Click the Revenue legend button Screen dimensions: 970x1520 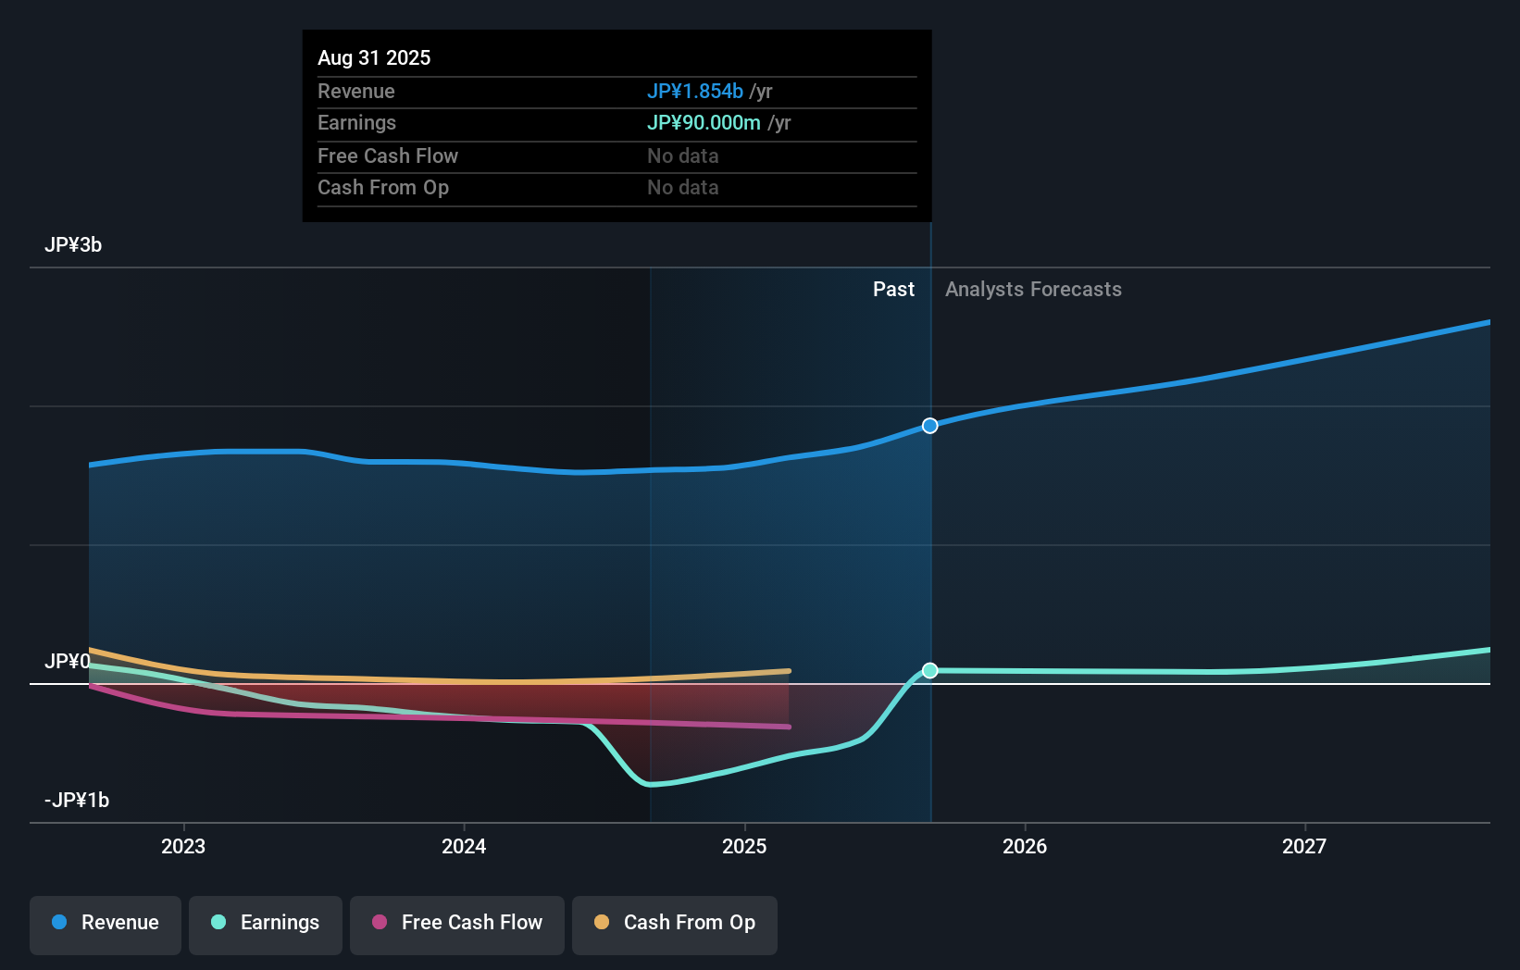pos(106,924)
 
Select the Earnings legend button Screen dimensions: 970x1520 pos(266,924)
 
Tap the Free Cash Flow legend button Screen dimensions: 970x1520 pos(457,924)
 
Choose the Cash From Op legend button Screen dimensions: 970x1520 pos(675,924)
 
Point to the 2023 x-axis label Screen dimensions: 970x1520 pos(183,847)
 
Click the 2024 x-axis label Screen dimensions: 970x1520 pos(464,847)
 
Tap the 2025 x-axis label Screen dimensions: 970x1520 pos(744,847)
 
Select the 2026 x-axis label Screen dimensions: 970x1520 pos(1025,847)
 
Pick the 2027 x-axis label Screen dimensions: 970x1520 pos(1304,847)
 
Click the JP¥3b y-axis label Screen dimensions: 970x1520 pos(73,245)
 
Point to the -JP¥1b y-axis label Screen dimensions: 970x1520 pos(77,801)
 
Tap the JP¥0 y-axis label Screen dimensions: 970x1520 pos(68,662)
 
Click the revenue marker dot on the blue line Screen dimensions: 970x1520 pos(930,426)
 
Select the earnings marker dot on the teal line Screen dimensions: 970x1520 pos(930,671)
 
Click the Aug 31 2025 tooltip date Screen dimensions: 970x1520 pos(374,58)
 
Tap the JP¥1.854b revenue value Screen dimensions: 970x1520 pos(694,92)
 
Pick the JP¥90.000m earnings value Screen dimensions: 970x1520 pos(704,123)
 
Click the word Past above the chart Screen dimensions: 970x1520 pos(893,290)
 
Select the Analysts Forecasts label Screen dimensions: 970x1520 pos(1033,290)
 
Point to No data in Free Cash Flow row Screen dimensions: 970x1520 pos(683,156)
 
